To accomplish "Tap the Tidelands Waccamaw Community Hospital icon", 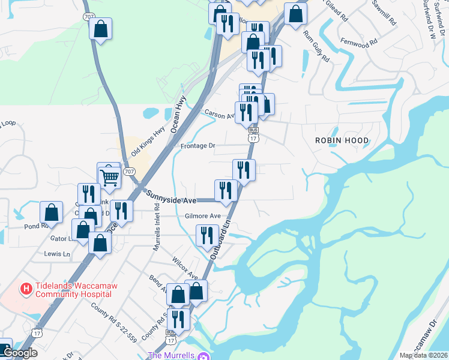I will pos(26,289).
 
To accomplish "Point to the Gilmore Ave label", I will pos(203,216).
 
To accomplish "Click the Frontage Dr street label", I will pos(197,146).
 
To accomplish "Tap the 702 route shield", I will pos(89,17).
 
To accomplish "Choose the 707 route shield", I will pos(129,172).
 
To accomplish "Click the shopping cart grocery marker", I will pos(109,176).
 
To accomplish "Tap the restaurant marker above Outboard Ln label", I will pos(206,235).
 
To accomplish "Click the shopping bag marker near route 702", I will pos(100,28).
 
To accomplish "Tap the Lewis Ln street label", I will pos(57,254).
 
